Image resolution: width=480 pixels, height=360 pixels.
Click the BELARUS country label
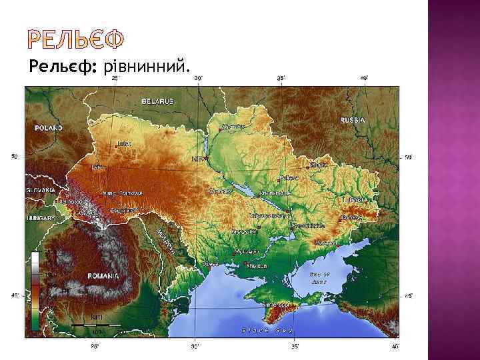[x=157, y=101]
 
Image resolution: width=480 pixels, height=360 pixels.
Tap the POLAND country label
[x=48, y=128]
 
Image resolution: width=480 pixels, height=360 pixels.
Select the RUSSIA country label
[x=352, y=120]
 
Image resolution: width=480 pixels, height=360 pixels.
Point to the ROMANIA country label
[x=103, y=275]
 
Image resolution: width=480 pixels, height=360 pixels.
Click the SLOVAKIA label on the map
[x=41, y=189]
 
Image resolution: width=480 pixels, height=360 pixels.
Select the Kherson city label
[x=257, y=265]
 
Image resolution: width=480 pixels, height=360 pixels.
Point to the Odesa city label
[x=211, y=263]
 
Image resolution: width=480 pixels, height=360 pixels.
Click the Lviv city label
[x=98, y=167]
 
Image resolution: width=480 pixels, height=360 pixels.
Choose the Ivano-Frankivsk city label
[x=122, y=193]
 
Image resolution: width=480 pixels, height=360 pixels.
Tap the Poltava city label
[x=289, y=178]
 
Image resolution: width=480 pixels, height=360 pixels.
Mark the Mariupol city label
[x=325, y=243]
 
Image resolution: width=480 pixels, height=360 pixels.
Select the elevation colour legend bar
[x=35, y=290]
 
